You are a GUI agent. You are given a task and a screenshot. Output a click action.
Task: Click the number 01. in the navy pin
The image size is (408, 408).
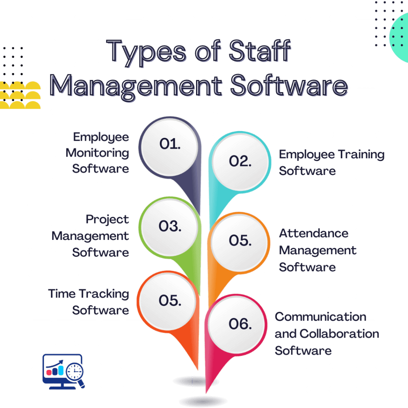[x=170, y=144]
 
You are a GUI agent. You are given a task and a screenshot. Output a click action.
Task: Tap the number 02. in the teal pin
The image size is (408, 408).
[x=240, y=161]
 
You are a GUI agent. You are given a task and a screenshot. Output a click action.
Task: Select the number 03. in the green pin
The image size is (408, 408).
[x=170, y=226]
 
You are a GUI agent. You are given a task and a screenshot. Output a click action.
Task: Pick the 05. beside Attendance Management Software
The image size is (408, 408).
[x=240, y=240]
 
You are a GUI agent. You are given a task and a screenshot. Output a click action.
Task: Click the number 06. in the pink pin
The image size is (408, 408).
[x=240, y=324]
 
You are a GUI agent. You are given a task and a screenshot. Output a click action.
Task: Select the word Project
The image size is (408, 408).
[x=107, y=220]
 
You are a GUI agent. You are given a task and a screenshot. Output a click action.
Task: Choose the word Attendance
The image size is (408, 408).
[x=314, y=233]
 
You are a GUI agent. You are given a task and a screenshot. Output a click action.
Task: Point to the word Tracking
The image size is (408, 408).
[x=104, y=294]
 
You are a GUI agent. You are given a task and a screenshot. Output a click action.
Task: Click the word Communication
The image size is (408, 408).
[x=321, y=317]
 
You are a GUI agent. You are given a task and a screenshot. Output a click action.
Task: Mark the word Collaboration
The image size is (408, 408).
[x=339, y=334]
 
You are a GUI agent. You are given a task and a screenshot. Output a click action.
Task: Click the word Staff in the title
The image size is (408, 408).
[x=259, y=51]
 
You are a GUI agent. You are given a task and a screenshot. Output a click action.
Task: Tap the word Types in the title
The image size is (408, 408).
[x=146, y=53]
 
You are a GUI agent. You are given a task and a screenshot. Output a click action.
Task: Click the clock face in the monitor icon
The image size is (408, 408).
[x=75, y=371]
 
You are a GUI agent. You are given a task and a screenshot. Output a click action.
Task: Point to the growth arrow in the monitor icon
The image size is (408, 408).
[x=55, y=363]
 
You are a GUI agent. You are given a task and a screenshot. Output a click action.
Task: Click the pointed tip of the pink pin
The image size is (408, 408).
[x=206, y=392]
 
